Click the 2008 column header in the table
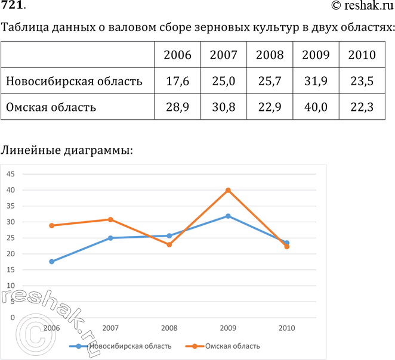[270, 55]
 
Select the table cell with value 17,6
[177, 82]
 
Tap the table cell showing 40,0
[316, 108]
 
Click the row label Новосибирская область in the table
[74, 82]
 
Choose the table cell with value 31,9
[316, 82]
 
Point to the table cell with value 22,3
[362, 108]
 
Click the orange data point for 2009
[228, 190]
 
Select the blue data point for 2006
[52, 262]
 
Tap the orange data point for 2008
[169, 244]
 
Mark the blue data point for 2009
[228, 216]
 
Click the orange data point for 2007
[110, 219]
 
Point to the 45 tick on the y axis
[11, 174]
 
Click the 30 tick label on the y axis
[11, 222]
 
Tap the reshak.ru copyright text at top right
[362, 6]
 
